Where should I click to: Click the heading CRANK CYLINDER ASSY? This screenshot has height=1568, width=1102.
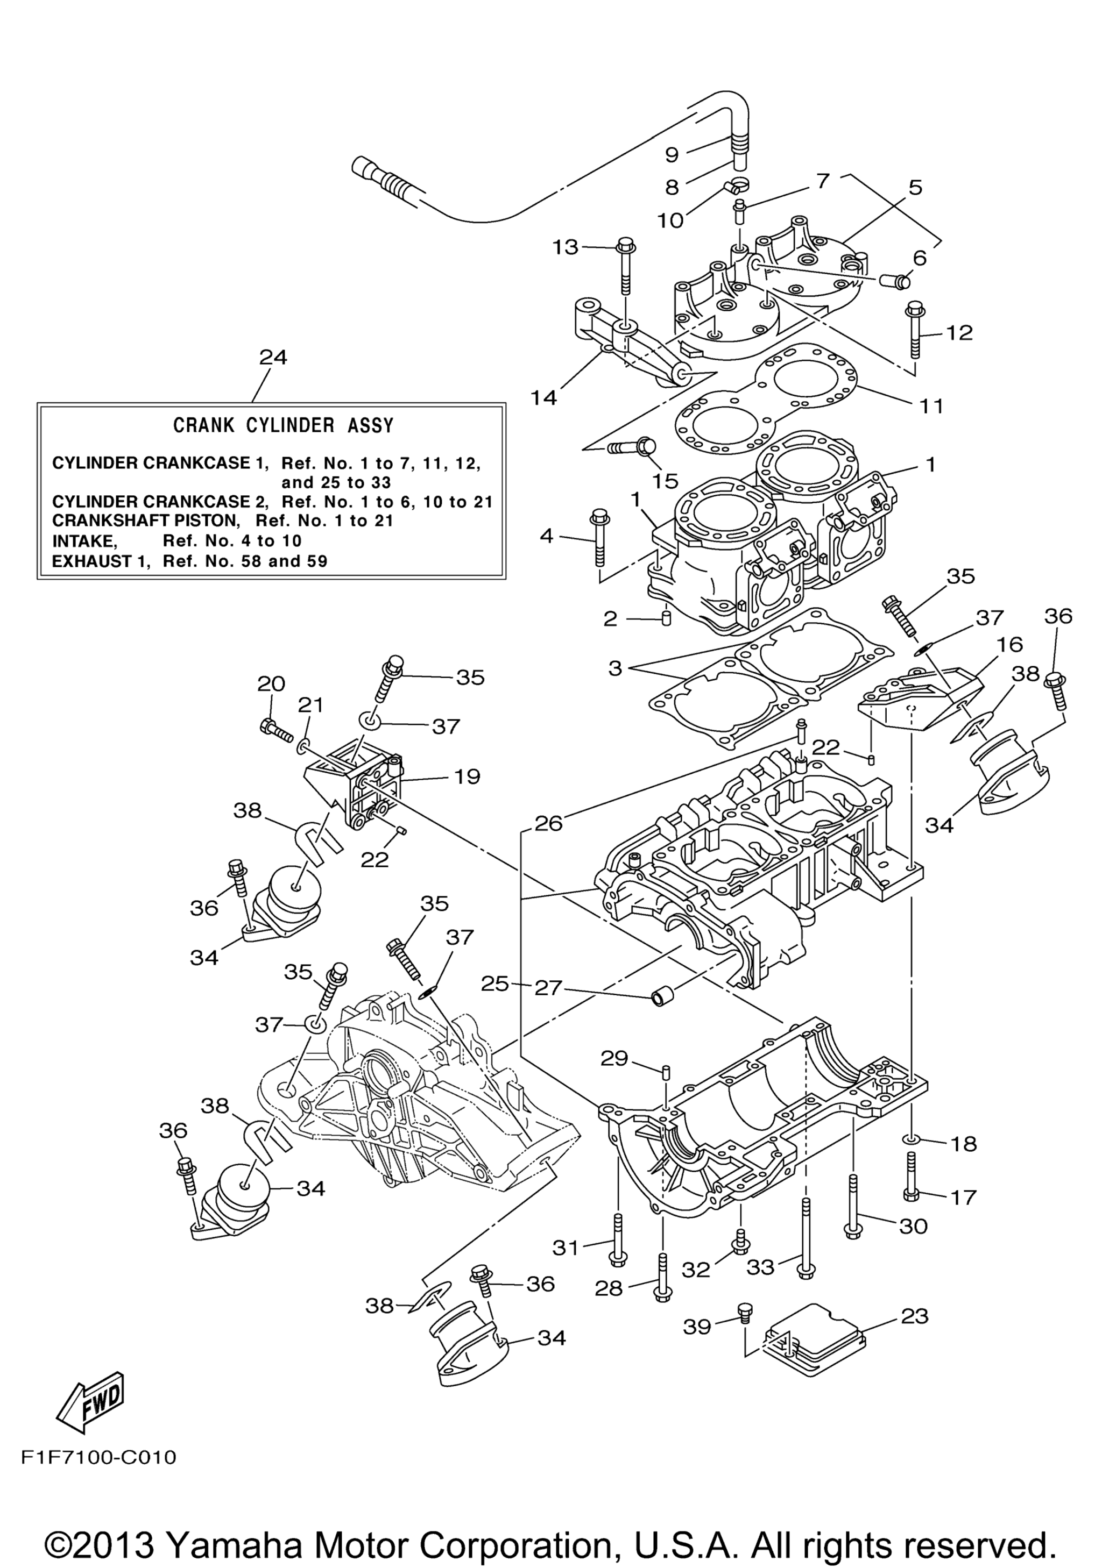(283, 425)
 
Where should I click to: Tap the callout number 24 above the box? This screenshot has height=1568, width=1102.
(273, 357)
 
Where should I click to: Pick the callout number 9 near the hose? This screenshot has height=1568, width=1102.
(672, 155)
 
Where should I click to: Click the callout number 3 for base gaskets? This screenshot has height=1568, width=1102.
(615, 668)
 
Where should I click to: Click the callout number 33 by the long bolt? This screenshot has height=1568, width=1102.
(760, 1267)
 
